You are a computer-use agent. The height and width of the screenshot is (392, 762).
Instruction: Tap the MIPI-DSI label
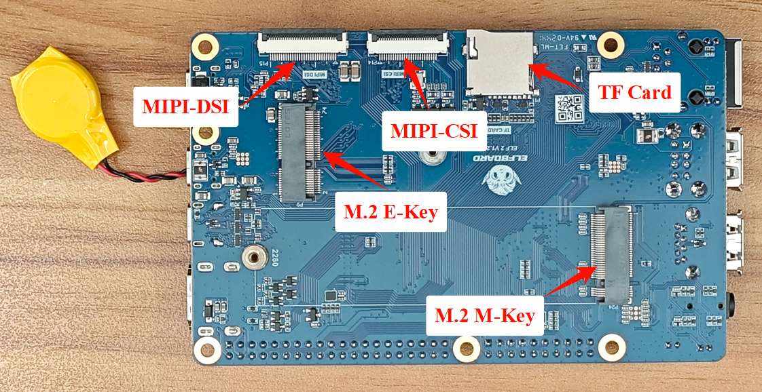[185, 106]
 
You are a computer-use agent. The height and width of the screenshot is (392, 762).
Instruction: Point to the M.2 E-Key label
[391, 211]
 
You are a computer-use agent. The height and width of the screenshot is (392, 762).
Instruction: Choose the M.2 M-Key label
[485, 315]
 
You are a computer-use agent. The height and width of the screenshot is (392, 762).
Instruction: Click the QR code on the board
[569, 107]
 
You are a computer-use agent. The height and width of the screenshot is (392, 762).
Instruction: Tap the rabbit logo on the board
[501, 180]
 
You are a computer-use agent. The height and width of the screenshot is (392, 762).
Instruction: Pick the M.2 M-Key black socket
[612, 254]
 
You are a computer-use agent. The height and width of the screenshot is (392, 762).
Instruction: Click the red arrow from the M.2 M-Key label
[570, 282]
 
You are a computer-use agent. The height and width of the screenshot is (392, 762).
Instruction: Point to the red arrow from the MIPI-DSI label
[269, 82]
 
